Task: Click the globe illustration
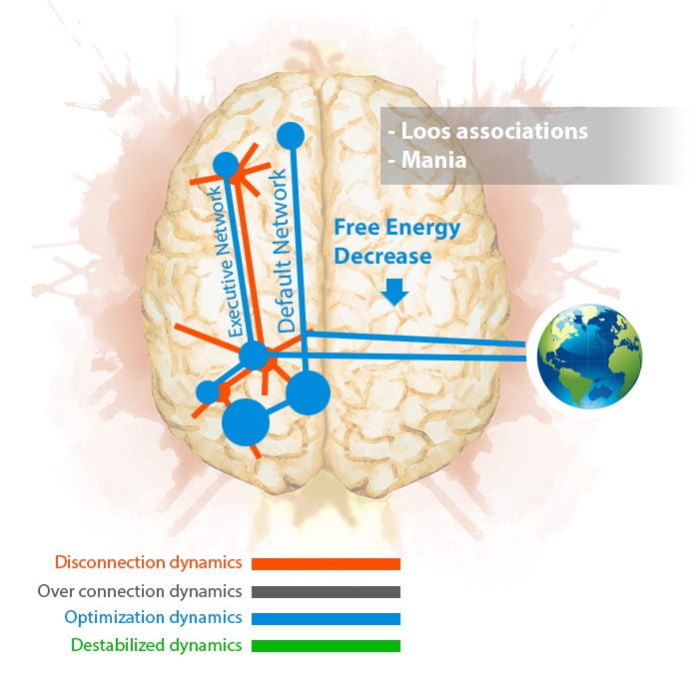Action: pos(589,356)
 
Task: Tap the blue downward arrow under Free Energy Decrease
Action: pos(395,293)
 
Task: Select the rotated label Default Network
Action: pos(282,251)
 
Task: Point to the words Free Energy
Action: pos(397,229)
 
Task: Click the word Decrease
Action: pos(382,257)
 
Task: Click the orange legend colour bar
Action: pos(326,564)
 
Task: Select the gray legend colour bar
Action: pos(326,591)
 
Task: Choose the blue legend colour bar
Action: pos(326,619)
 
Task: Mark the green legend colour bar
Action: pos(326,646)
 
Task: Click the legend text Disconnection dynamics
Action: pos(149,563)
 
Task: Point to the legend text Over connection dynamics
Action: pos(140,591)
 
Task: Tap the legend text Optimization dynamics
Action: pos(153,618)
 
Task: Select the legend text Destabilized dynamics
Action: pos(157,645)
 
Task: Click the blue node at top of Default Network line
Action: pos(291,136)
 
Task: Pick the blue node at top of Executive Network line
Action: pos(226,165)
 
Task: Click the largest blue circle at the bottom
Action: pos(246,422)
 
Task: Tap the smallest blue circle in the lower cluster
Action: pos(208,392)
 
